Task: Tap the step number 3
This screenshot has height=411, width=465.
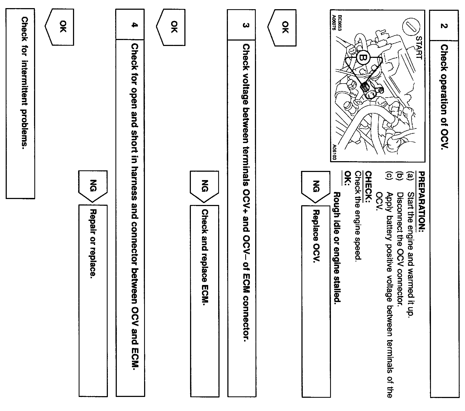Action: pyautogui.click(x=245, y=25)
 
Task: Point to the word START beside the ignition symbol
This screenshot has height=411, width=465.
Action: pyautogui.click(x=418, y=47)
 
